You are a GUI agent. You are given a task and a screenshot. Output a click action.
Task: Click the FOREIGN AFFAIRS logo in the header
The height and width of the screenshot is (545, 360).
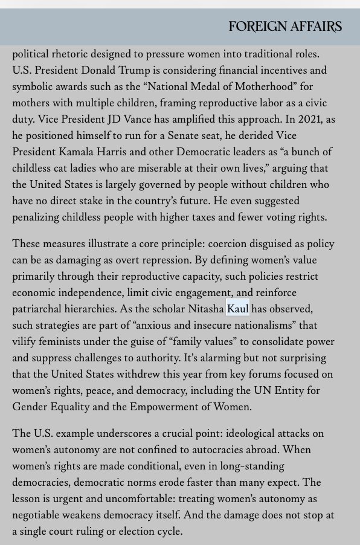pyautogui.click(x=285, y=27)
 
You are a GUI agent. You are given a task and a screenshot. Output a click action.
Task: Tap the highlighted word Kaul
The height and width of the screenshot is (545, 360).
pyautogui.click(x=238, y=309)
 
